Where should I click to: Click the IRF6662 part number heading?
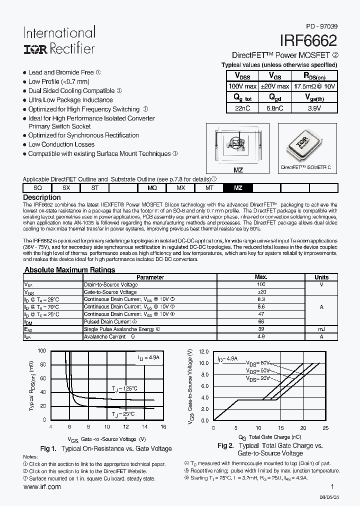click(x=309, y=40)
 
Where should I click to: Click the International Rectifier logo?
click(x=58, y=40)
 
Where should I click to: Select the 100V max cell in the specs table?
click(x=242, y=86)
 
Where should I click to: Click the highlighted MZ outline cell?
click(x=238, y=187)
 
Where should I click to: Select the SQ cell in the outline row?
click(x=37, y=187)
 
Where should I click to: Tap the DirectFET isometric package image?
click(x=306, y=145)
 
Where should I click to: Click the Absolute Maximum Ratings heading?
click(x=70, y=270)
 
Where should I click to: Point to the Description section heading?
click(x=42, y=197)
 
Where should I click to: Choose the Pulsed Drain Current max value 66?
click(x=260, y=322)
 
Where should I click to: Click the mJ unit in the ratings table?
click(x=321, y=329)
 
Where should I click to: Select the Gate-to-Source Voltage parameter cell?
click(x=110, y=292)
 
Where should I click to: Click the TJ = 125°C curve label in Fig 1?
click(x=124, y=388)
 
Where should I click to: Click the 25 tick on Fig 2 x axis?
click(x=325, y=428)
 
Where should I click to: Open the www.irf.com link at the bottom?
click(x=42, y=486)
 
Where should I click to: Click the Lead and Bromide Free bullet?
click(x=60, y=72)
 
